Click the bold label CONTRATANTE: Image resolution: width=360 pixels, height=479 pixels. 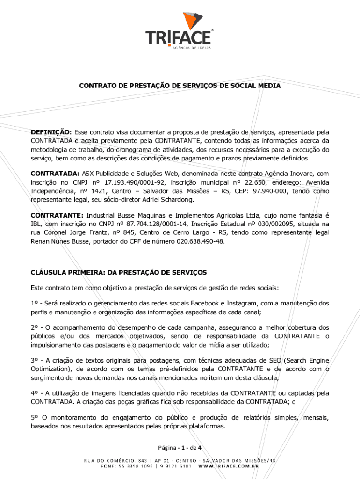coord(57,216)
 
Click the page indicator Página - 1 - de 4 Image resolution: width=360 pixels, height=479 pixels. coord(180,446)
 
